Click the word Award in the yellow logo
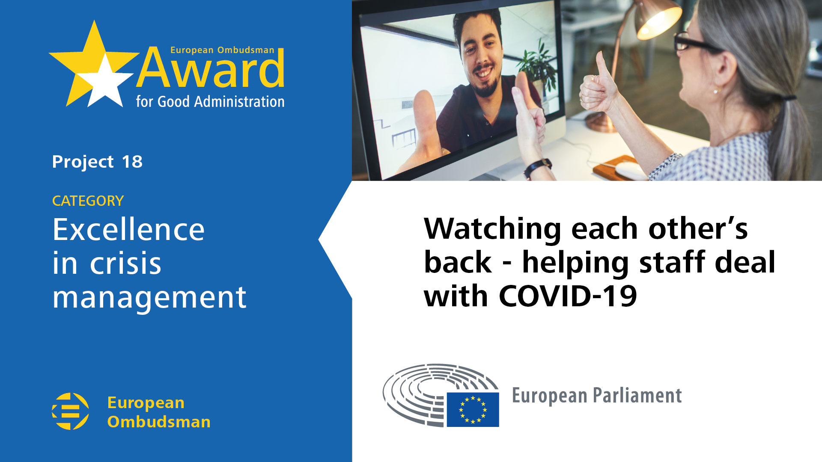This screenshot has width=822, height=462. click(x=211, y=68)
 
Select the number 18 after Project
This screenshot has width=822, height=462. click(x=132, y=162)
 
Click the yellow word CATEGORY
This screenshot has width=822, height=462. click(x=88, y=201)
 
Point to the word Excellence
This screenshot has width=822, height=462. click(x=128, y=229)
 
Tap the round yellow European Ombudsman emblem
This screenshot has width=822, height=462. click(x=70, y=411)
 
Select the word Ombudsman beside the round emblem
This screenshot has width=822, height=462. click(x=159, y=422)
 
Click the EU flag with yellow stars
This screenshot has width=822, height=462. click(x=473, y=409)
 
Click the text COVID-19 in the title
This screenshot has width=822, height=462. click(x=568, y=296)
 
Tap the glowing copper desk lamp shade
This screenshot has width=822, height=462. click(x=657, y=19)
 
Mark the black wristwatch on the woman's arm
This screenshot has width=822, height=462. click(x=537, y=167)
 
